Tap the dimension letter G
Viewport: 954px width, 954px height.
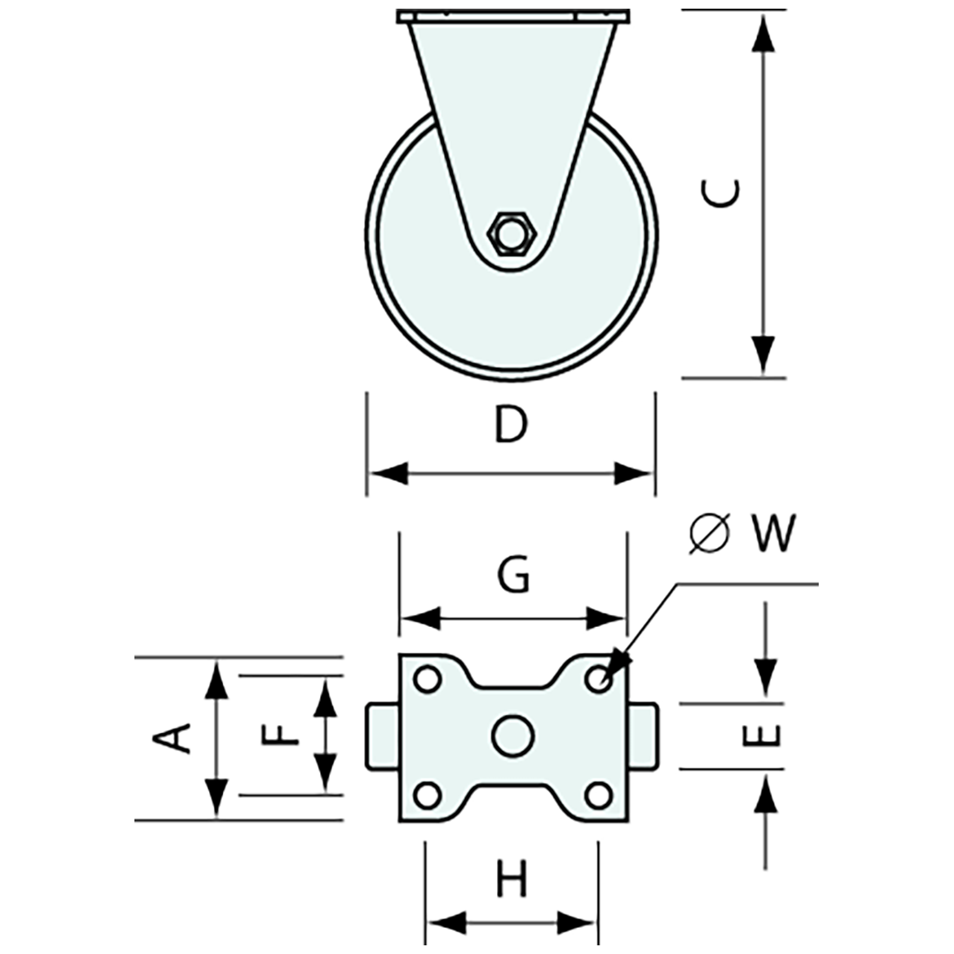[513, 575]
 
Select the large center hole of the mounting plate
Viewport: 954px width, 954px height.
[512, 735]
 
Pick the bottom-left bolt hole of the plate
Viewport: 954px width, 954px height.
[426, 794]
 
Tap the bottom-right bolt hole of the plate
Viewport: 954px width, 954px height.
[597, 794]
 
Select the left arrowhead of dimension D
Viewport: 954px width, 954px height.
[387, 474]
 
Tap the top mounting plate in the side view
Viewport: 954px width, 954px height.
[513, 16]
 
